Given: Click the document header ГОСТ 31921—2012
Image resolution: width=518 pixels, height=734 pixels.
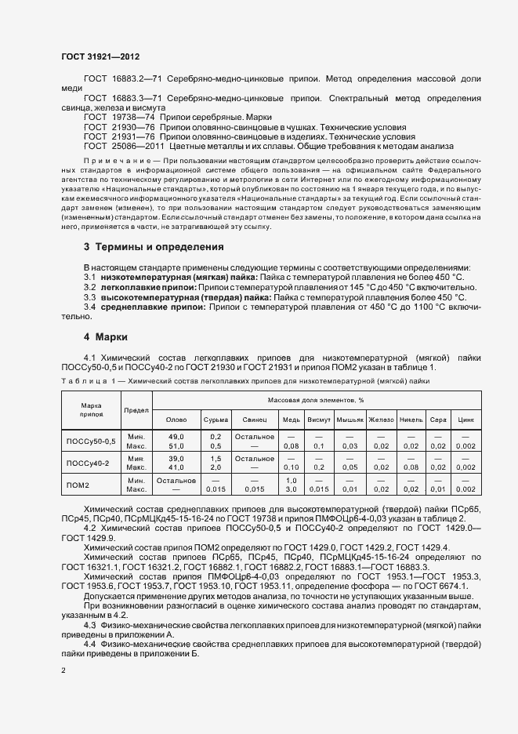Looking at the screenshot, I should tap(100, 56).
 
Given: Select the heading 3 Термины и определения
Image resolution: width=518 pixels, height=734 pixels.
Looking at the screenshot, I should tap(154, 247).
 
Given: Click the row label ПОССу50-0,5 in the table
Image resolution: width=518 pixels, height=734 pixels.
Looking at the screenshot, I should tap(90, 441).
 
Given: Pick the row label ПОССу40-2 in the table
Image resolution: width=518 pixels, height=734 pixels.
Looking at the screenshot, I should tap(88, 463).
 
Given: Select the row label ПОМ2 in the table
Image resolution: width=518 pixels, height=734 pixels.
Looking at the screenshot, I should tap(78, 485).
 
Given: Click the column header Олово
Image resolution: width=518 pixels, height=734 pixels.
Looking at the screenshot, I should tap(177, 420).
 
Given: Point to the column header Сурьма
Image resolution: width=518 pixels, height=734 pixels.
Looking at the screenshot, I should tap(216, 420).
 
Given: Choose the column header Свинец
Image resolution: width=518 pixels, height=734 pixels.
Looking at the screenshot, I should tap(255, 420).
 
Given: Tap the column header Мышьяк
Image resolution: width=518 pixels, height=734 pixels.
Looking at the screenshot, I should tap(350, 420).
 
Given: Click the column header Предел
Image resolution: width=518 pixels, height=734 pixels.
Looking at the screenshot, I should tap(136, 409).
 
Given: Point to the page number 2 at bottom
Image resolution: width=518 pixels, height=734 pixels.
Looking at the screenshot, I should tap(63, 670).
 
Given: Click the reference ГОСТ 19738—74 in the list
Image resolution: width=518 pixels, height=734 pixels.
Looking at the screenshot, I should tap(119, 116).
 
